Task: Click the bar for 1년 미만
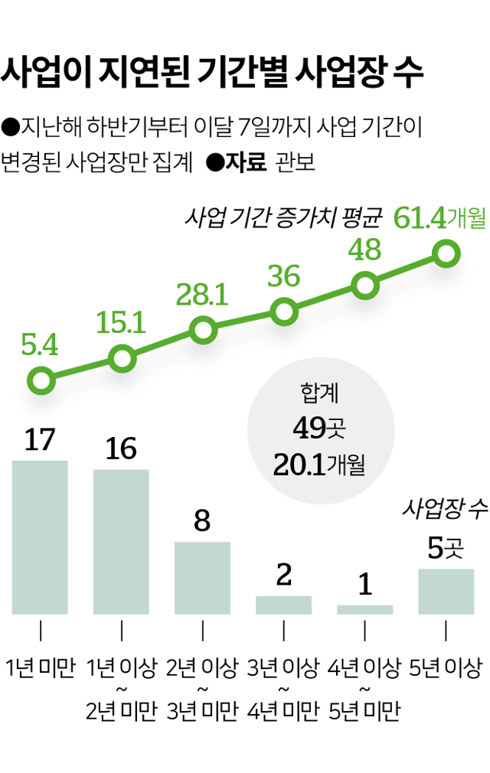tap(40, 537)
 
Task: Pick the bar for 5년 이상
tap(446, 591)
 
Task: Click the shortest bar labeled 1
tap(364, 609)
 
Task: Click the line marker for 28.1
tap(203, 330)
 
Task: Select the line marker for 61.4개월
tap(446, 253)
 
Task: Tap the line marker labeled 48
tap(365, 285)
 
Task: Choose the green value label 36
tap(283, 277)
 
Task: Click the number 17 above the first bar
tap(40, 441)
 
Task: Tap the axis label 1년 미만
tap(40, 668)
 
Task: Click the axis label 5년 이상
tap(446, 668)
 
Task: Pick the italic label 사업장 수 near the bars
tap(445, 510)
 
